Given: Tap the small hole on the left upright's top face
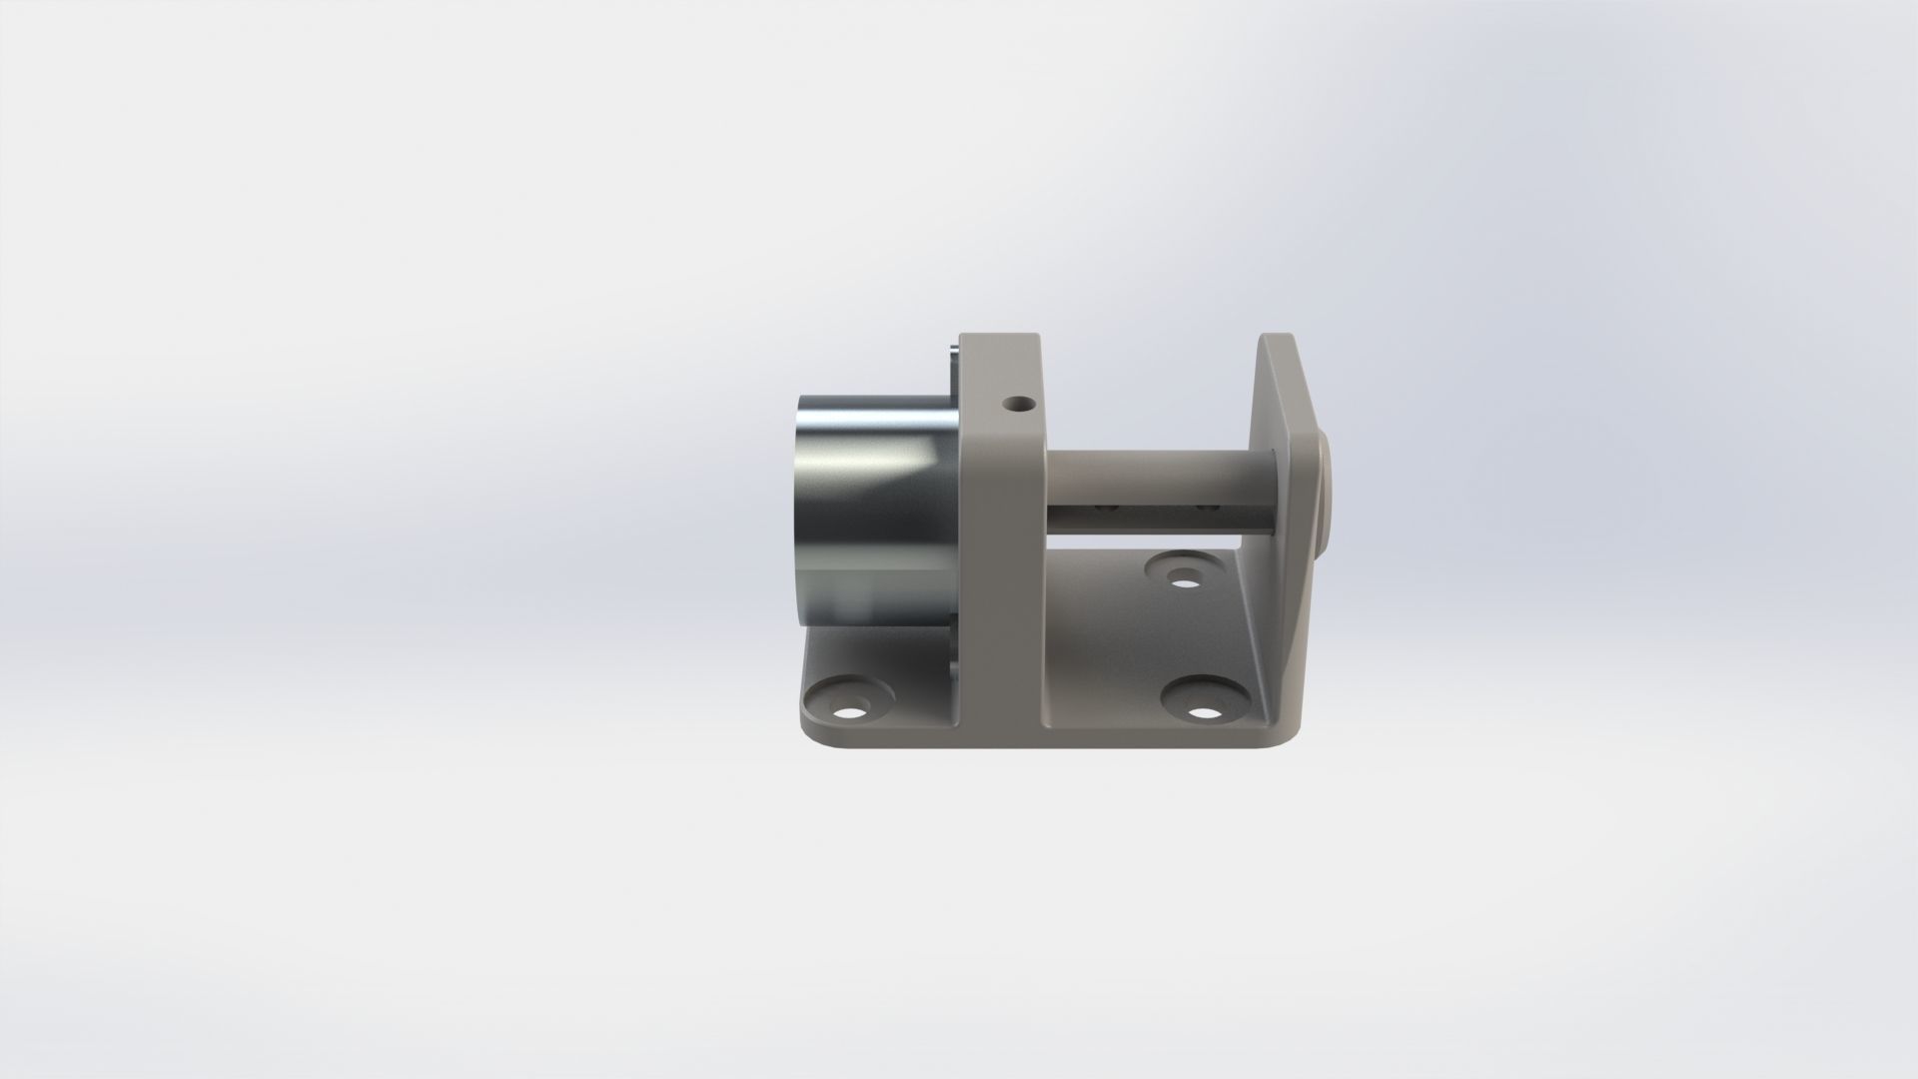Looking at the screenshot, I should click(1020, 405).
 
